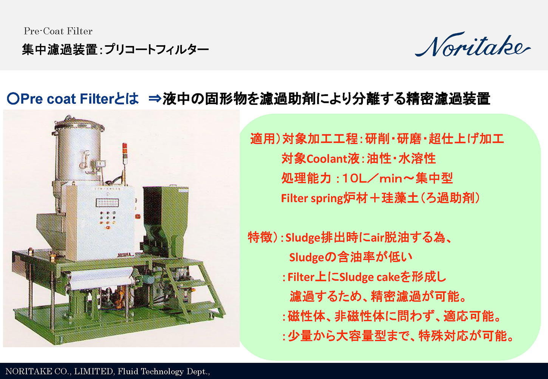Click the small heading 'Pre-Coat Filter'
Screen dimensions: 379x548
58,31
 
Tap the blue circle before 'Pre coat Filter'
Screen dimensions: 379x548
13,99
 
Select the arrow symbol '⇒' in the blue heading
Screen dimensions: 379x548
155,99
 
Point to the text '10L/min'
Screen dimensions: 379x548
372,178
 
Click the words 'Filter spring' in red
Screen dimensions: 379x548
312,198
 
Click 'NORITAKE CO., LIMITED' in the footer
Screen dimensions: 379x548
59,371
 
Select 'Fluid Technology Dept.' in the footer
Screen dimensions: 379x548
163,371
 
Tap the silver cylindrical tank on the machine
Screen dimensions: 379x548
78,151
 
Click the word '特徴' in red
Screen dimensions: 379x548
260,237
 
